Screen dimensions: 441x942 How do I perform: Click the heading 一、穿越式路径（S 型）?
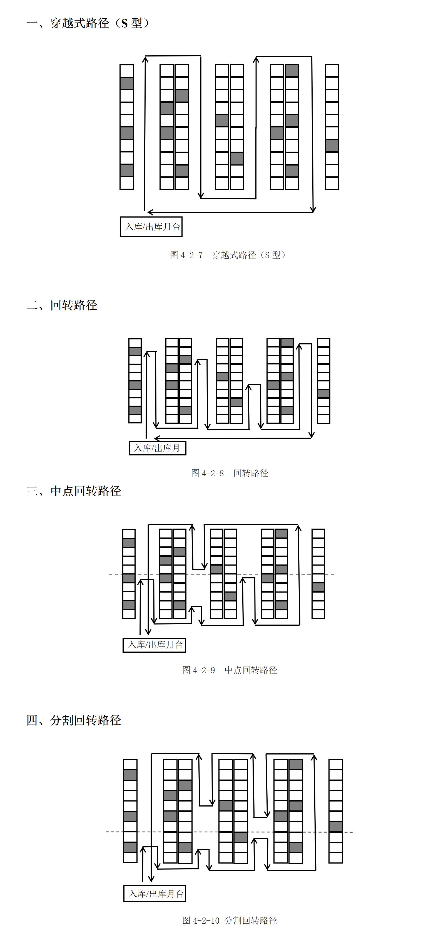coord(88,23)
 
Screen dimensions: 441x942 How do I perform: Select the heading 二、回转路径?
coord(62,305)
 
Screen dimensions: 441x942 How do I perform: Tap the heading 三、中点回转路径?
coord(73,491)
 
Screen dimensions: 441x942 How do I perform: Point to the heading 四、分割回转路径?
coord(73,720)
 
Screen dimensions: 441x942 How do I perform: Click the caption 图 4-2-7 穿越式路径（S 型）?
coord(228,255)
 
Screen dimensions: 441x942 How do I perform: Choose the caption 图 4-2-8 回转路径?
coord(230,473)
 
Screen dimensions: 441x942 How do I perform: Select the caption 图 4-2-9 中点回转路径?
coord(230,670)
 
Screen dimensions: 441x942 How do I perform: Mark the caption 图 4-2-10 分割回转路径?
coord(230,920)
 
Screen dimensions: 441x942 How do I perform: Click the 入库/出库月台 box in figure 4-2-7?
coord(151,227)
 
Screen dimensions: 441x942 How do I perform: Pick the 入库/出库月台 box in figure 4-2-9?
coord(154,645)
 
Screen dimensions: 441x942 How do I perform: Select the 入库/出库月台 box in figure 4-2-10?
coord(155,894)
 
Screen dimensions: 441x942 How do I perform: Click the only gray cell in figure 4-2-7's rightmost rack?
coord(332,146)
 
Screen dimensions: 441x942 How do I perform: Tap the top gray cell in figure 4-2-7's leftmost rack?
coord(127,83)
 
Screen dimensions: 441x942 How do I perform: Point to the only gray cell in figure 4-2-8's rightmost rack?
coord(324,393)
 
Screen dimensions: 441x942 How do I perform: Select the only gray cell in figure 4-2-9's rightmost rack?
coord(318,587)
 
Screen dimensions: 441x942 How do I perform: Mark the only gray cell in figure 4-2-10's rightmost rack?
coord(336,827)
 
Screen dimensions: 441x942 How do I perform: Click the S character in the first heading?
coord(124,23)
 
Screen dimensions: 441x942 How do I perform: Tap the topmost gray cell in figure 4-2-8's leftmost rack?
coord(135,351)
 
